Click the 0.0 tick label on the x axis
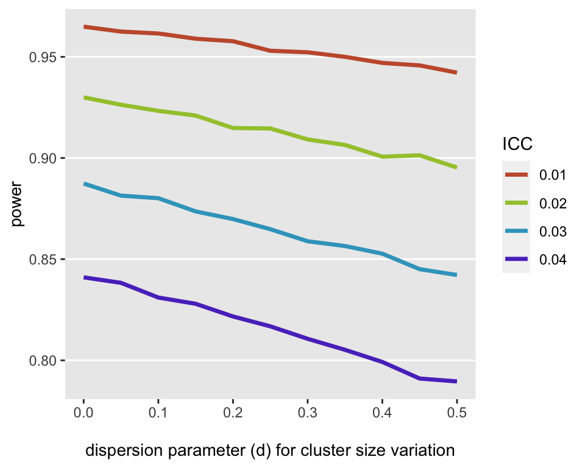(83, 413)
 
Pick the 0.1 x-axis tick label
(158, 413)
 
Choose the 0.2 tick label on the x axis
(232, 413)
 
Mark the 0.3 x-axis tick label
(307, 413)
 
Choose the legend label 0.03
(553, 232)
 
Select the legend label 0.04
(553, 260)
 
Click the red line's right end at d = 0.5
(456, 73)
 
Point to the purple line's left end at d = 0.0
(83, 277)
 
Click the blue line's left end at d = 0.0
(83, 183)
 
